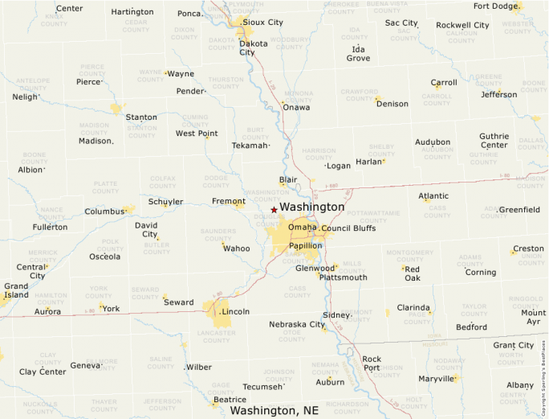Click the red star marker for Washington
(x=274, y=210)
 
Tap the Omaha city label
(x=303, y=227)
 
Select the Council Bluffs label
(x=348, y=228)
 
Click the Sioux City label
(x=263, y=23)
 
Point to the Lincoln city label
(x=236, y=311)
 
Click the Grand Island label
(x=16, y=290)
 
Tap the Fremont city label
(x=228, y=201)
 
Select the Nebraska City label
(x=297, y=325)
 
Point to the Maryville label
(x=437, y=378)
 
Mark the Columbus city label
(x=104, y=212)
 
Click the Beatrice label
(x=230, y=400)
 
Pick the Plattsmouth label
(x=343, y=277)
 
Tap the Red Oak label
(x=412, y=273)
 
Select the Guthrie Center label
(x=494, y=141)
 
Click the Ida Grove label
(x=358, y=54)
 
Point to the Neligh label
(x=25, y=97)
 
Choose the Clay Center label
(x=43, y=372)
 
